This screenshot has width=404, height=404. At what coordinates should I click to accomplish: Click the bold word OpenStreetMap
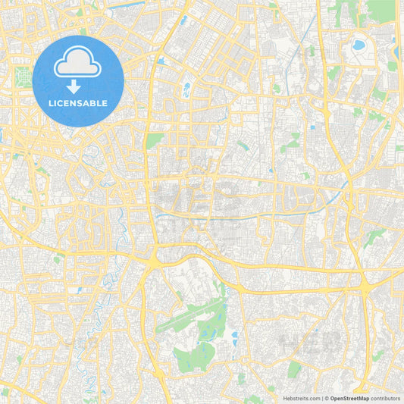pyautogui.click(x=348, y=398)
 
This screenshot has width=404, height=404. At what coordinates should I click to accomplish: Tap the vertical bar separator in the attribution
pyautogui.click(x=323, y=398)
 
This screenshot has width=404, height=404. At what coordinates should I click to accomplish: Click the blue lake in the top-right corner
pyautogui.click(x=357, y=45)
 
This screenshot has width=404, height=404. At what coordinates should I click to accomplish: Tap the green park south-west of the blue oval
pyautogui.click(x=155, y=140)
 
